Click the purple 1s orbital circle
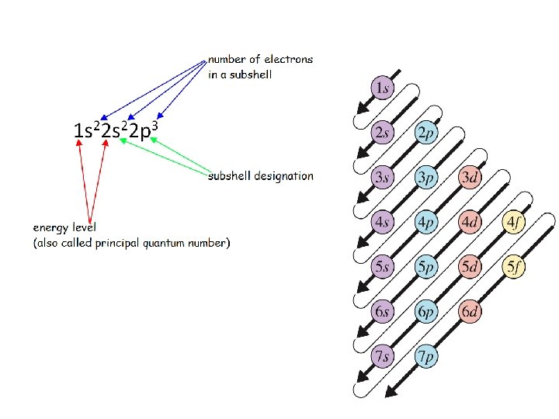coord(381,88)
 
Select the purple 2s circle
coord(381,133)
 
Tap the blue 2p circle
coord(425,133)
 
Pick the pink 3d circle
coord(470,178)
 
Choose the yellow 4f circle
coord(514,223)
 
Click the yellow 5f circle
coord(514,268)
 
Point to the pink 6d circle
coord(470,313)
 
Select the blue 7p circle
coord(425,358)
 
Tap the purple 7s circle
coord(381,358)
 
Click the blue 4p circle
coord(425,223)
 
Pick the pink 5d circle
coord(470,268)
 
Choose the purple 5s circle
coord(381,268)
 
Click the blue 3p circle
coord(425,178)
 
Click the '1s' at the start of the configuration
coord(83,131)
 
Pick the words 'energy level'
coord(64,228)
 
